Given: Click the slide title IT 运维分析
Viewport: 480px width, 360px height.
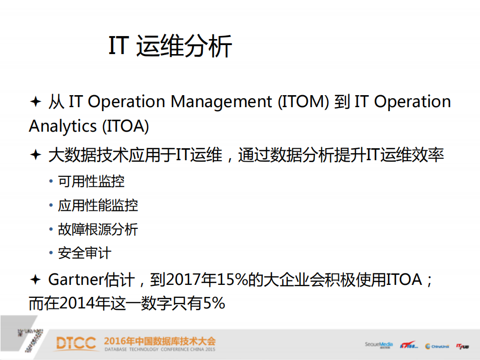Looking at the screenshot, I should point(170,47).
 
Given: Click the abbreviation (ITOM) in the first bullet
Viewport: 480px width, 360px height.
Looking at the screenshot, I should point(303,102).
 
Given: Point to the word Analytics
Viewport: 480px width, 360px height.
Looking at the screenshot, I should point(63,126).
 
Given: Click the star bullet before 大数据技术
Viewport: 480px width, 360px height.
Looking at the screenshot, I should point(35,155).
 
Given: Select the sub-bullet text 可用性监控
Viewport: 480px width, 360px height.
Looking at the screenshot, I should point(91,181).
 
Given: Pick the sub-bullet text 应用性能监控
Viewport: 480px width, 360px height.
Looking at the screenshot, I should point(98,205).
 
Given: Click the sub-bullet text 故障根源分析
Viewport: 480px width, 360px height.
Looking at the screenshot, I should point(98,229).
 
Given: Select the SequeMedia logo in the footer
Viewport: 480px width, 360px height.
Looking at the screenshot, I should point(379,344).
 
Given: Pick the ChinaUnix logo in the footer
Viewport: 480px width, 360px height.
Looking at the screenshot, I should point(437,345).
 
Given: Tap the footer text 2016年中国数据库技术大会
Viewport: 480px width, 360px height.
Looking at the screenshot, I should point(160,341).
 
